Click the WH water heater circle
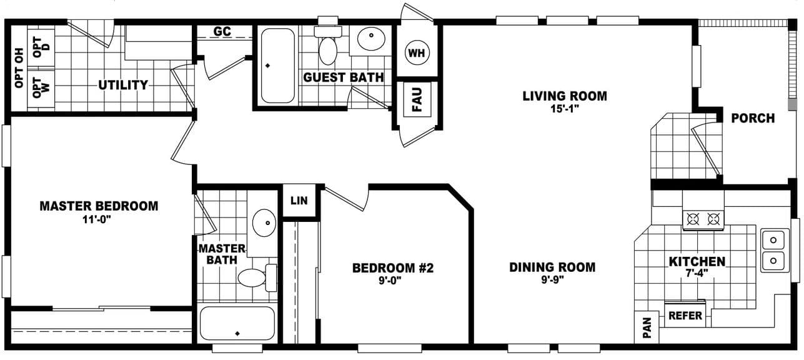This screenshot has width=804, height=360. [x=417, y=53]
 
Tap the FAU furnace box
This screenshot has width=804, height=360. [x=417, y=99]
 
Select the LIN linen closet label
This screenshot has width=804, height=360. [x=299, y=201]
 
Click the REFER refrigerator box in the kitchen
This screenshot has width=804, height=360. [x=685, y=316]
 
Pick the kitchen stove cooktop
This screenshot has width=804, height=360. [x=703, y=219]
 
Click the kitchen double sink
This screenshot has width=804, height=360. [x=774, y=249]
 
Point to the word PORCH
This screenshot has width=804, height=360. [x=753, y=118]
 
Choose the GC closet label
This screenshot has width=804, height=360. [x=222, y=31]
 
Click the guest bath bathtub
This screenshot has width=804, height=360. [x=277, y=66]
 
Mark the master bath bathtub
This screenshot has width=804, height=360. [x=237, y=323]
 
